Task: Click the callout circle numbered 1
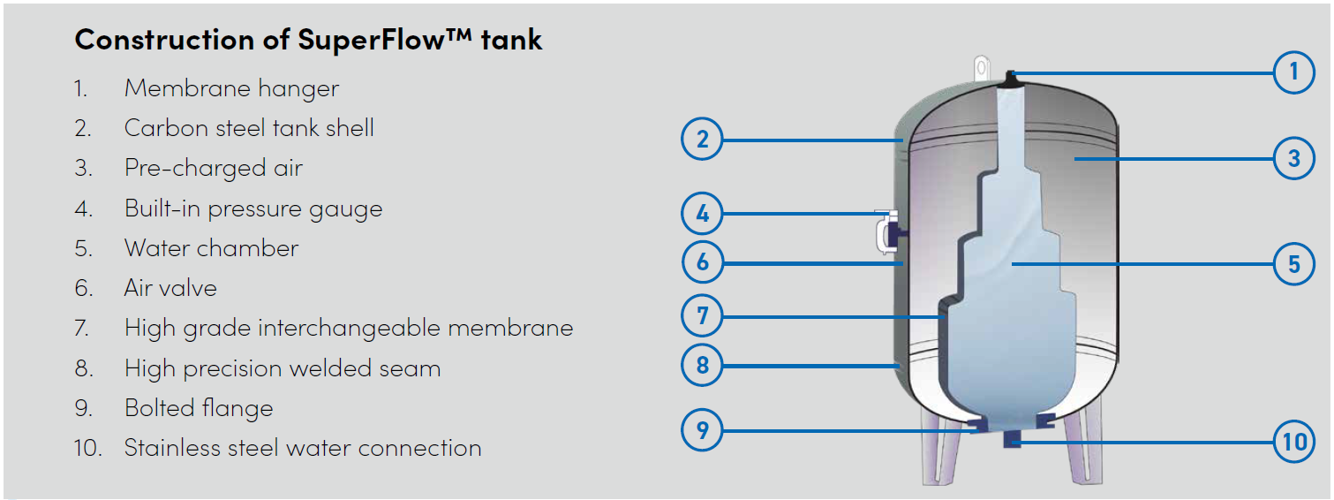click(1294, 72)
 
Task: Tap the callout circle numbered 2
click(703, 139)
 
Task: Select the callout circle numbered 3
click(1294, 159)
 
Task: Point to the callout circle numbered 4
click(703, 214)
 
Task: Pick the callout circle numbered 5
click(1294, 263)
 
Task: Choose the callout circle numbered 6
click(703, 262)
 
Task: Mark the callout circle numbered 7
click(703, 315)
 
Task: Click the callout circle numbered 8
click(703, 364)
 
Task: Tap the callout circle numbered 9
click(703, 430)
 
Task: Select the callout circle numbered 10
click(1294, 441)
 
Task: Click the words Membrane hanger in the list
click(231, 88)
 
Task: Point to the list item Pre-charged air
click(213, 168)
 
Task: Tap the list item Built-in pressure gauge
click(253, 208)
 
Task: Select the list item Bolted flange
click(199, 408)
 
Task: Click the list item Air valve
click(170, 288)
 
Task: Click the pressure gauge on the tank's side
click(886, 232)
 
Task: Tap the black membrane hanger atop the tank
click(1010, 78)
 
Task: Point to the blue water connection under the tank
click(1012, 439)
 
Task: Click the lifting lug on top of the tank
click(980, 67)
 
